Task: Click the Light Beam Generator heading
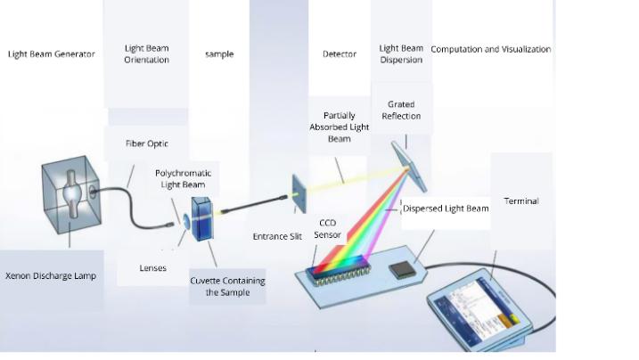51,54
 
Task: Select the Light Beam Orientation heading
146,53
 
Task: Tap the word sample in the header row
219,54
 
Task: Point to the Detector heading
339,54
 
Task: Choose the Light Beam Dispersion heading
401,53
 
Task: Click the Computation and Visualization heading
491,49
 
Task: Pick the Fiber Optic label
147,143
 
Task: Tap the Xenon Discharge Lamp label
50,276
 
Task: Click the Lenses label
152,267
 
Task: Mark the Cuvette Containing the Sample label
227,286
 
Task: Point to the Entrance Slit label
277,237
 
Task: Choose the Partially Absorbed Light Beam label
339,127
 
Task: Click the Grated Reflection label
401,110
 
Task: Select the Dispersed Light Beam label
446,209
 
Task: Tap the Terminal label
520,201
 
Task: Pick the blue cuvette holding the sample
201,219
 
